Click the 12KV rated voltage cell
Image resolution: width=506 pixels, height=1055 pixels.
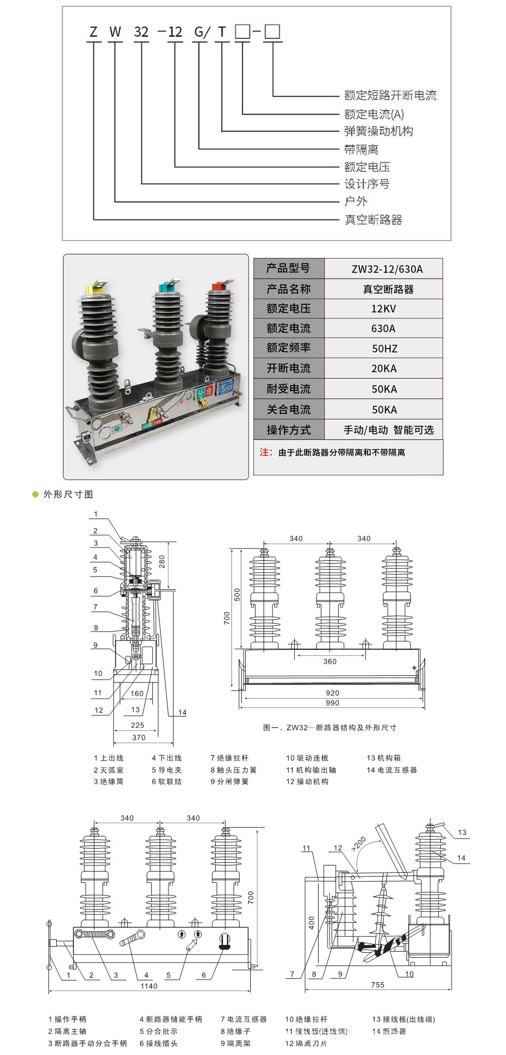point(384,308)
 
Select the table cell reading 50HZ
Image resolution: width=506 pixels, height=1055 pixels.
point(384,349)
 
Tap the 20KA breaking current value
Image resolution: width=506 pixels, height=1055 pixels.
point(384,369)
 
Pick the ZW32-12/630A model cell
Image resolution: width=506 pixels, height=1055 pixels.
point(387,269)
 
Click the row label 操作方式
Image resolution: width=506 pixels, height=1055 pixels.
point(288,430)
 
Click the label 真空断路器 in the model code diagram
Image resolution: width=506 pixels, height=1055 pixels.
point(373,220)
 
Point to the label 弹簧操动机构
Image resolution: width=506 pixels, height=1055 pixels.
point(379,131)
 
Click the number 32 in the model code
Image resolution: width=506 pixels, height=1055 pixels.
point(141,32)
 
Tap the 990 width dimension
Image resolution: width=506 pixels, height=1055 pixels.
point(333,703)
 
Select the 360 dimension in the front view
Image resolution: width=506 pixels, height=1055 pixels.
point(330,661)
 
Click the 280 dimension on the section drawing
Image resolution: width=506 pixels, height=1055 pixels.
point(162,561)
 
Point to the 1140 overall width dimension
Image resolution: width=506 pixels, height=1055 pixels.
point(148,986)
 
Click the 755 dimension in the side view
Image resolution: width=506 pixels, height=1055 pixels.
point(378,985)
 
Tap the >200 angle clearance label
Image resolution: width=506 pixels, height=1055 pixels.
point(359,844)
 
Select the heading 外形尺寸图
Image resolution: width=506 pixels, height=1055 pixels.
point(68,494)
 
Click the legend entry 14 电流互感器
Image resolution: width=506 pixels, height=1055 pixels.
point(391,770)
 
